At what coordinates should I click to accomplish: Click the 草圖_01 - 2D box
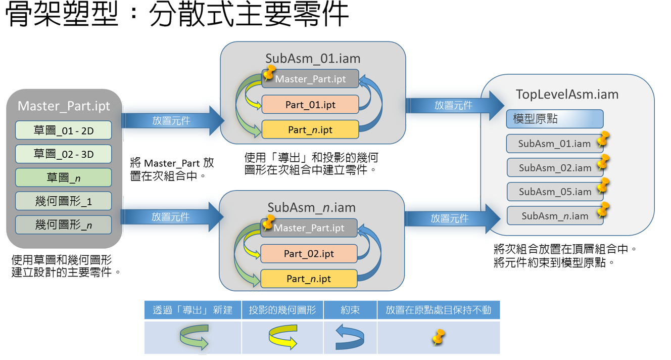64,130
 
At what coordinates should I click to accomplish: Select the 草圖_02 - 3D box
64,154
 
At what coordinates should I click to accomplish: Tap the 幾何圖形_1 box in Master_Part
64,201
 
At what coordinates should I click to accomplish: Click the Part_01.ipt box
310,105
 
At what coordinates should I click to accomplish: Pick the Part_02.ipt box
309,253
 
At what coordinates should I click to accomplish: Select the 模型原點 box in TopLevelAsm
554,119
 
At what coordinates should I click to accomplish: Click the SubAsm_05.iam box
554,192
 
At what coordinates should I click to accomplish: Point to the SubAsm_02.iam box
554,167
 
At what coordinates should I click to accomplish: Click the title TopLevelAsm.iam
567,95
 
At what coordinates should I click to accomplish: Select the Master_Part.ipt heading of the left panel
64,106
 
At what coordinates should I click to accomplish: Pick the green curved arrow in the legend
194,337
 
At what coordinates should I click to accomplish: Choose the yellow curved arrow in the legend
282,337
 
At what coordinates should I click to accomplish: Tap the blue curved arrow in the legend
350,337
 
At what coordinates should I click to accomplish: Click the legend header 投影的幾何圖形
282,310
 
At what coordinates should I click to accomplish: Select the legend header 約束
350,310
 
